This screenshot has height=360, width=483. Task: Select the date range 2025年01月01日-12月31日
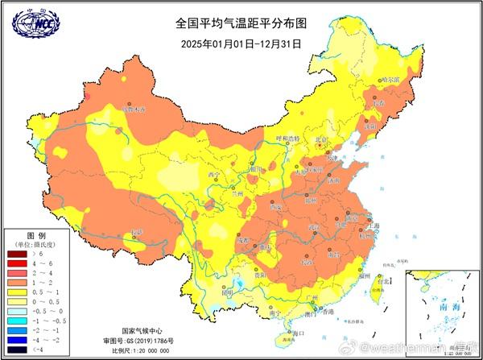241,43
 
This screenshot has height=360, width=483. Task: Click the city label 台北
387,281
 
